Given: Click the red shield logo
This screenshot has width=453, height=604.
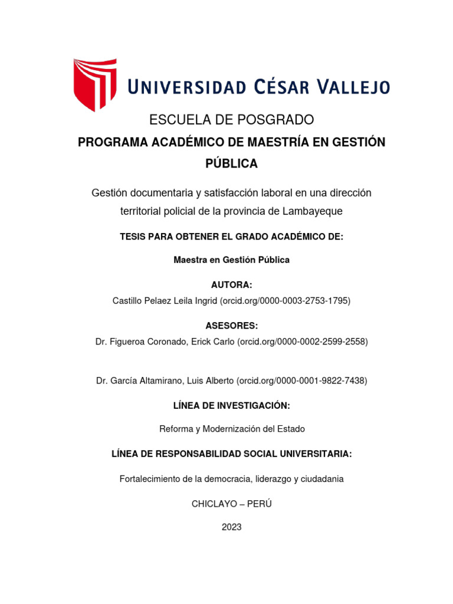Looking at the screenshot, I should (94, 84).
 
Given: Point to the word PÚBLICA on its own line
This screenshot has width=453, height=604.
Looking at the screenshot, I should (231, 164).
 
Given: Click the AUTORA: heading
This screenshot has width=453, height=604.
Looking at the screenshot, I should (231, 285).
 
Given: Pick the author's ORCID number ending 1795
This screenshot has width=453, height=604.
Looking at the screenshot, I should (285, 301).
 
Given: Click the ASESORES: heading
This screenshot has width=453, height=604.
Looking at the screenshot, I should (231, 326).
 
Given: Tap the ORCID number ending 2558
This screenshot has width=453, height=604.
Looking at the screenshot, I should (302, 342).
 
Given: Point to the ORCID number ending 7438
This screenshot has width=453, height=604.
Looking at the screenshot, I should (301, 381).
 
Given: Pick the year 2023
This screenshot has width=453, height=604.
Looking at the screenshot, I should (231, 527).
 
